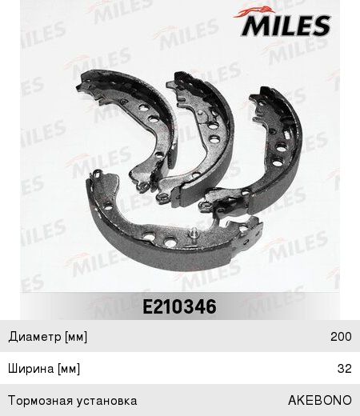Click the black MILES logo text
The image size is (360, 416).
[x=286, y=26]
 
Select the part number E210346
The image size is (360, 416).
[x=179, y=306]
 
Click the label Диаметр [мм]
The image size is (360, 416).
[x=48, y=337]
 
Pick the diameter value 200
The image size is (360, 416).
[x=341, y=337]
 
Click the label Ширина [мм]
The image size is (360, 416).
[x=44, y=369]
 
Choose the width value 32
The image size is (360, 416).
[x=345, y=369]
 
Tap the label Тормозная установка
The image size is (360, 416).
[x=73, y=401]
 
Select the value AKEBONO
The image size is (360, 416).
[x=320, y=400]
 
